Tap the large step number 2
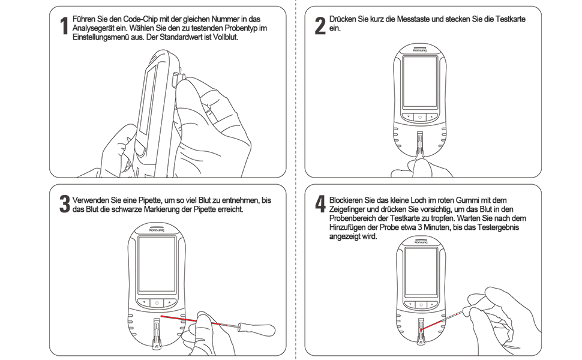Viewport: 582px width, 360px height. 320,25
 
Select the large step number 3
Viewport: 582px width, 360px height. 64,204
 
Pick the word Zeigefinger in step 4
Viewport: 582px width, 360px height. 349,209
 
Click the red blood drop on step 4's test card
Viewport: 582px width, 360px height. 422,329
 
